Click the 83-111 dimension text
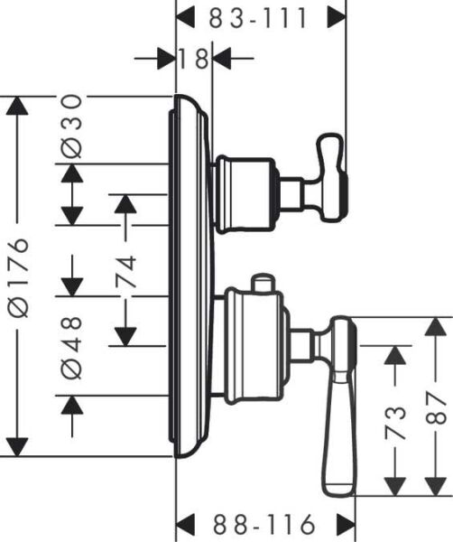pyautogui.click(x=259, y=16)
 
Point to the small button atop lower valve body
pyautogui.click(x=263, y=285)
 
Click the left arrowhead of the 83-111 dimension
pyautogui.click(x=186, y=16)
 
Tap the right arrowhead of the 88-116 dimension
pyautogui.click(x=345, y=524)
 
